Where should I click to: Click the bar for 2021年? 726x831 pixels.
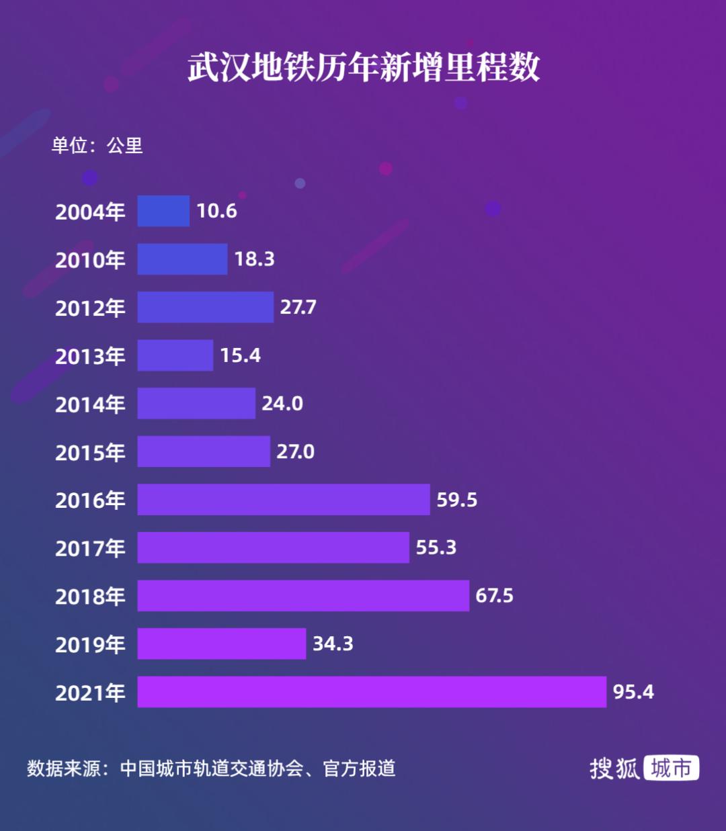click(x=372, y=692)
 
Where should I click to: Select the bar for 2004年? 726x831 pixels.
click(x=163, y=211)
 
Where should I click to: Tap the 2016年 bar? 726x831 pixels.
click(x=284, y=499)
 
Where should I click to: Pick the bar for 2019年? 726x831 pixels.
click(x=222, y=644)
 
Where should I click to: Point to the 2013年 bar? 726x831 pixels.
click(x=175, y=355)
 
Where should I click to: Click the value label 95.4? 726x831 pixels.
click(x=633, y=692)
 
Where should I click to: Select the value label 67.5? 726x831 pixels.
click(x=494, y=596)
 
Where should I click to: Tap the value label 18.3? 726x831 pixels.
click(x=254, y=259)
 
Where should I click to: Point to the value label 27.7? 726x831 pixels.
click(x=298, y=307)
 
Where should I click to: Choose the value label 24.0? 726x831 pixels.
click(x=282, y=404)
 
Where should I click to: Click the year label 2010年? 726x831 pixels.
click(x=90, y=260)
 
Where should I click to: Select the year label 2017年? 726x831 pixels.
click(x=90, y=548)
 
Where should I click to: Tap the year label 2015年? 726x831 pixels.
click(x=90, y=452)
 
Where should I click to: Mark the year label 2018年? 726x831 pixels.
click(x=90, y=597)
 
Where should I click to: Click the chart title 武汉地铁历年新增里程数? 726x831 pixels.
click(x=364, y=67)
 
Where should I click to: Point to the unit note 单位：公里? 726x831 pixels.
click(x=97, y=145)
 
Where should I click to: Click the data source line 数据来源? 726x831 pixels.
click(x=211, y=769)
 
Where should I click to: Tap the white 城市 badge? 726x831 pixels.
click(x=671, y=768)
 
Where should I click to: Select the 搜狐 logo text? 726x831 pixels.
click(x=614, y=769)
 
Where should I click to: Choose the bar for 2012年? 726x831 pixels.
click(x=206, y=307)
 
